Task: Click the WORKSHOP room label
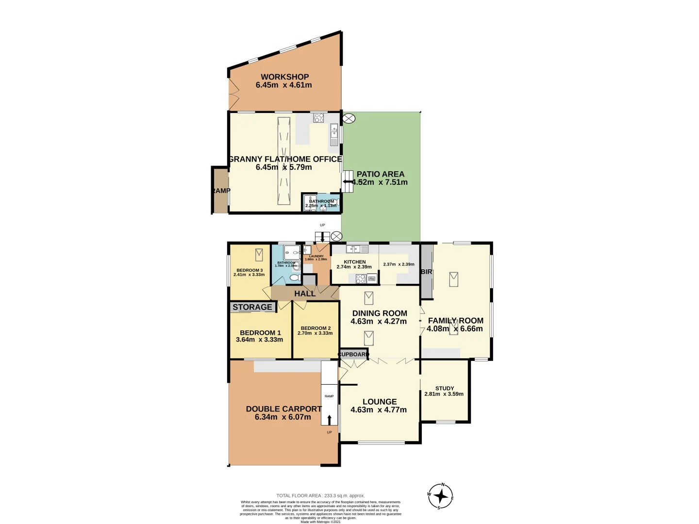click(284, 77)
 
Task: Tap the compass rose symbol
click(441, 496)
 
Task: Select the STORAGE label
click(252, 307)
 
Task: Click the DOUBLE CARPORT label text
click(283, 409)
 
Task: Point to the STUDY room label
click(445, 388)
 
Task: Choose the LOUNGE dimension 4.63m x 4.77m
click(379, 410)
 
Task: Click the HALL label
click(305, 294)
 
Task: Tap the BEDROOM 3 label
click(250, 270)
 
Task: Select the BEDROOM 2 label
click(316, 328)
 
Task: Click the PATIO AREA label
click(380, 174)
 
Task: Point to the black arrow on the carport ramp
click(329, 420)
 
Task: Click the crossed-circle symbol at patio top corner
click(349, 118)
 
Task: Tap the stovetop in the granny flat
click(318, 117)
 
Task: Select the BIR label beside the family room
click(426, 272)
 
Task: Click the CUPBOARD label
click(354, 354)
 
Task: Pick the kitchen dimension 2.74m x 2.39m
click(354, 267)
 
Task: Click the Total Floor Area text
click(320, 496)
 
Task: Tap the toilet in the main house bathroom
click(294, 278)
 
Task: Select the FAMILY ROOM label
click(455, 321)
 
